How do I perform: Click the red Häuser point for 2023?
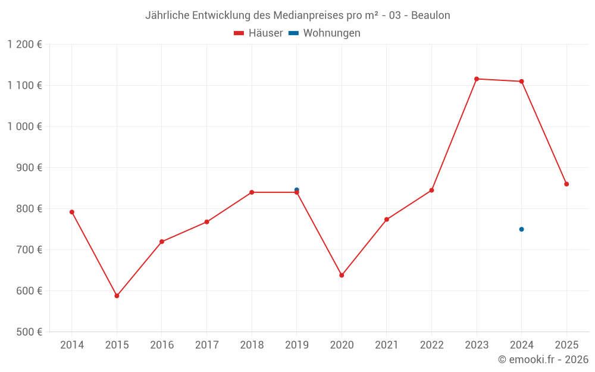(x=477, y=79)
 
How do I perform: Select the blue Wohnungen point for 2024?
(x=521, y=229)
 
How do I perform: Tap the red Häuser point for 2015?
(x=117, y=296)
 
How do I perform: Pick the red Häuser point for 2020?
(x=342, y=275)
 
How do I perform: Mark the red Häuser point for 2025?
(x=566, y=184)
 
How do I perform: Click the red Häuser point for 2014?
(x=72, y=212)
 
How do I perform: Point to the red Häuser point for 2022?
(x=431, y=190)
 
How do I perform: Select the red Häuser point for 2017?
(x=206, y=222)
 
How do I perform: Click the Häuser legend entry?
(x=258, y=33)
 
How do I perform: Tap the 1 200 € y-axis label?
(x=25, y=45)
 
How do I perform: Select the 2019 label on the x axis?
(x=296, y=345)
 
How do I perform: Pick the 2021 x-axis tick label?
(x=386, y=345)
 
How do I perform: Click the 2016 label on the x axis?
(x=162, y=345)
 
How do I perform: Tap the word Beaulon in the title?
(x=431, y=15)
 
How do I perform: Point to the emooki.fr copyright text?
(x=543, y=360)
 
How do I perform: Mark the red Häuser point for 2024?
(x=521, y=82)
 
